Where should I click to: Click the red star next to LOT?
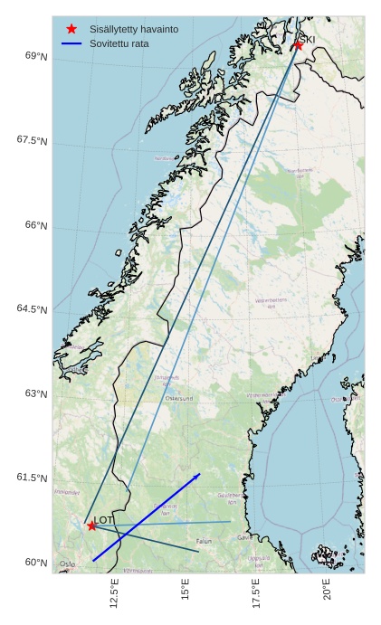point(91,526)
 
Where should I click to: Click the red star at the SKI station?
point(298,44)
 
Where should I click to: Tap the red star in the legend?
point(71,29)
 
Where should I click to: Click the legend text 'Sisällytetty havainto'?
point(134,29)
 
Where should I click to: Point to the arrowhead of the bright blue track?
point(198,474)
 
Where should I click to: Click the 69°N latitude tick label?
point(36,56)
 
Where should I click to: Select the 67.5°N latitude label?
point(33,140)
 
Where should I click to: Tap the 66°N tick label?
point(36,225)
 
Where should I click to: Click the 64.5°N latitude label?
point(33,309)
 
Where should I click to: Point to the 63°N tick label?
point(36,393)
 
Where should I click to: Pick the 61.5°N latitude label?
point(33,478)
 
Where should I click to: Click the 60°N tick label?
point(36,563)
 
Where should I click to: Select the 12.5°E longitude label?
point(114,594)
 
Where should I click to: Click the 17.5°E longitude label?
point(256,594)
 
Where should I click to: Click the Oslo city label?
point(67,564)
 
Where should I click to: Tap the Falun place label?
point(204,541)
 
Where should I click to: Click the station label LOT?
point(104,520)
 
